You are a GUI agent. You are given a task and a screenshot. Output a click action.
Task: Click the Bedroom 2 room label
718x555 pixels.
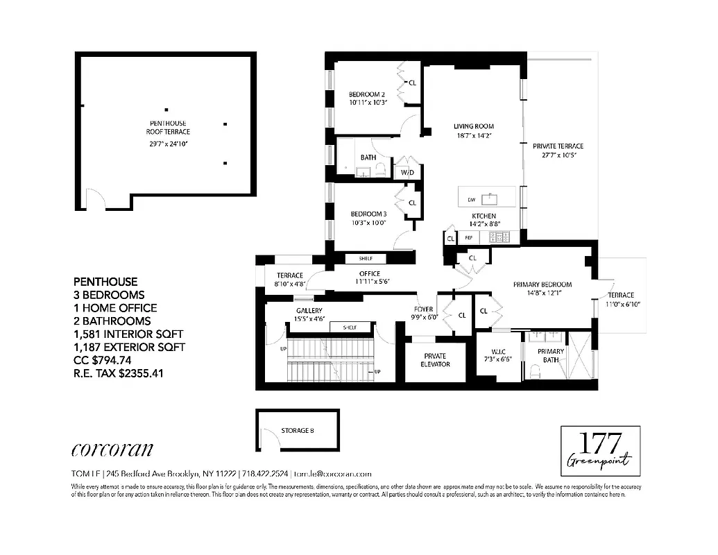pyautogui.click(x=367, y=94)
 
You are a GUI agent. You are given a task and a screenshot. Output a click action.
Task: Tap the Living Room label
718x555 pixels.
pyautogui.click(x=474, y=126)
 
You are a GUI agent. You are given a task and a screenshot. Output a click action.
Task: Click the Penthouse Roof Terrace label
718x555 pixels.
pyautogui.click(x=168, y=127)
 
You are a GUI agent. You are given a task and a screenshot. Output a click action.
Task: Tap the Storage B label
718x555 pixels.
pyautogui.click(x=298, y=431)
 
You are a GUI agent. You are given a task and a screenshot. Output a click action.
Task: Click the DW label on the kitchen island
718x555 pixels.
pyautogui.click(x=472, y=200)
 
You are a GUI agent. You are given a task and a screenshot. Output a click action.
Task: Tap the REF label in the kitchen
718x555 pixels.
pyautogui.click(x=469, y=237)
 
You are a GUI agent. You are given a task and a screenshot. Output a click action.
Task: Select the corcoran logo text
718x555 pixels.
pyautogui.click(x=112, y=450)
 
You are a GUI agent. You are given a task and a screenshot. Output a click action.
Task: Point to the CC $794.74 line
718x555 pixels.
pyautogui.click(x=112, y=360)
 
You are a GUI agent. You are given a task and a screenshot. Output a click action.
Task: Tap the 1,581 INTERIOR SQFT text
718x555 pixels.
pyautogui.click(x=130, y=334)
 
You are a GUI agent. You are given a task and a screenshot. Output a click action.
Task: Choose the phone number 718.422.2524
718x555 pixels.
pyautogui.click(x=265, y=474)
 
